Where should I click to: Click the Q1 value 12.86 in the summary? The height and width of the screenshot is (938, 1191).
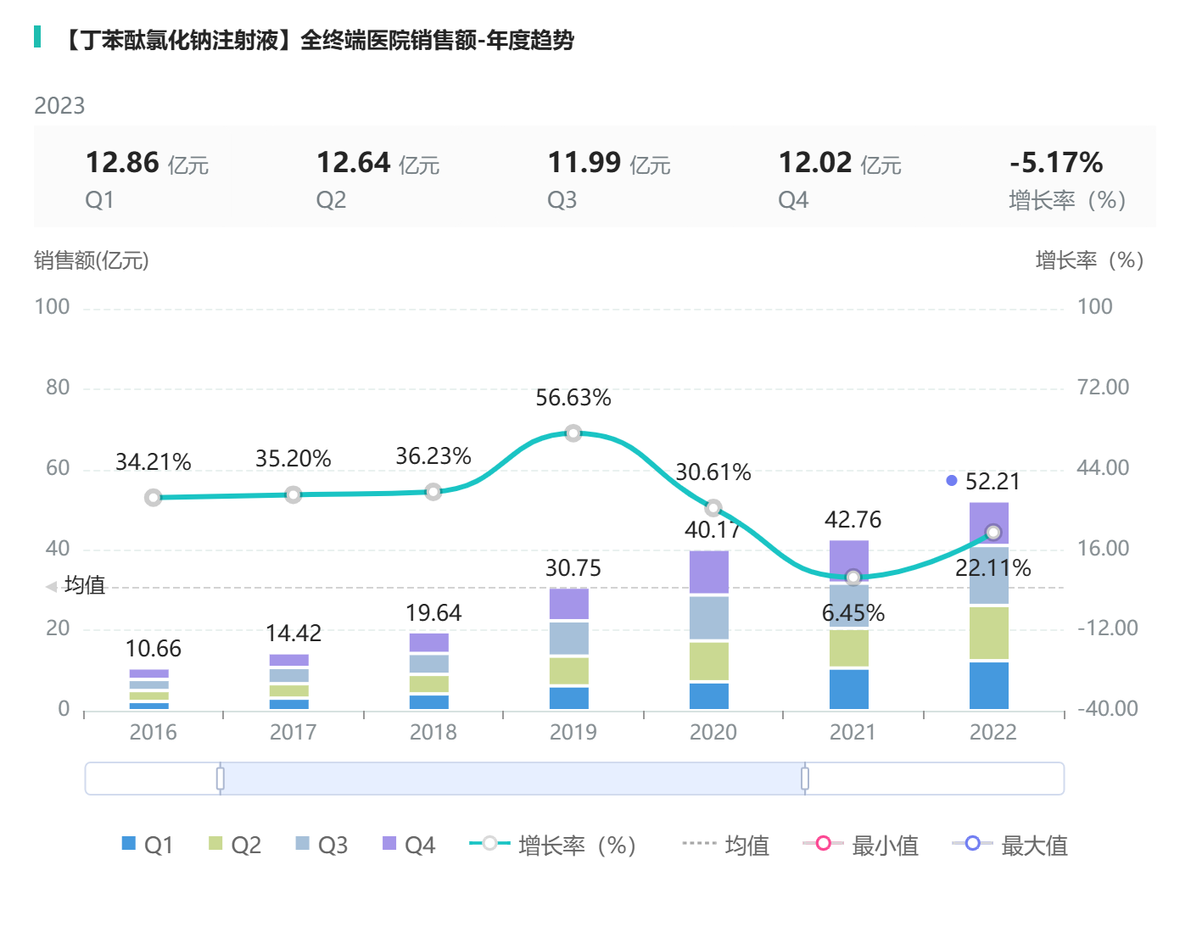point(123,162)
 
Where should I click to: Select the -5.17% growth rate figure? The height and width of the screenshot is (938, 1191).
point(1056,162)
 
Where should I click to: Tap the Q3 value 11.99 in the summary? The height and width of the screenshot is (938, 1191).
point(584,162)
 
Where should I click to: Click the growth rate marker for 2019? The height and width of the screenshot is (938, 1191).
point(573,433)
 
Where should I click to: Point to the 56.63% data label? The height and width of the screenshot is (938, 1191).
point(573,398)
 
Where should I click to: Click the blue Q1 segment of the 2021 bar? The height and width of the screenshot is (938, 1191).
point(849,689)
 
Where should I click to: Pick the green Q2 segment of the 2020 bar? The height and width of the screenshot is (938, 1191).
point(709,662)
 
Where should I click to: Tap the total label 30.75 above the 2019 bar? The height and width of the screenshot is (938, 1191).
point(573,568)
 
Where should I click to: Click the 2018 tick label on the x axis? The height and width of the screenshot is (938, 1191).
point(433,732)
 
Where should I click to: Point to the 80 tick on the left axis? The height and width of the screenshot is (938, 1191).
point(58,388)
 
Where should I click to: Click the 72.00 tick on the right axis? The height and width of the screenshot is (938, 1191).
point(1103,388)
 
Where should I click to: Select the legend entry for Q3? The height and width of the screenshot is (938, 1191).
point(322,845)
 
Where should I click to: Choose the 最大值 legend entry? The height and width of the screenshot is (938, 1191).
point(1010,845)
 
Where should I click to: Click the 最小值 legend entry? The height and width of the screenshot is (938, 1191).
point(861,845)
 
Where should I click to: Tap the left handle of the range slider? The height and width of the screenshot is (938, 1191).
point(221,779)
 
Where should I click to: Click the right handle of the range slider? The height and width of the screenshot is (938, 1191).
point(805,779)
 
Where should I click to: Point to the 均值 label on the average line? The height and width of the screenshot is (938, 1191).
point(84,585)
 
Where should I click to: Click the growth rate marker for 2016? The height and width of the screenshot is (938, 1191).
point(154,498)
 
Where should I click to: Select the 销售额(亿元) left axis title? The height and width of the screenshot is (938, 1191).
point(92,260)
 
